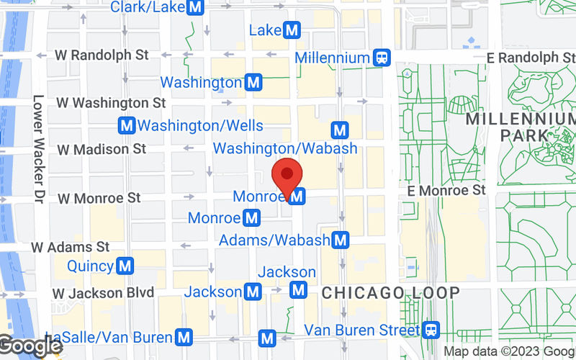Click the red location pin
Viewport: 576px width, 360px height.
[x=287, y=175]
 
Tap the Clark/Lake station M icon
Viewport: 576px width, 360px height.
[x=194, y=8]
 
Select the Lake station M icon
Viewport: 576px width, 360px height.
[x=292, y=30]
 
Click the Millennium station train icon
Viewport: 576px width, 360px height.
[x=382, y=56]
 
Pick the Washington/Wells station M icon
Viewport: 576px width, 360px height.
[x=127, y=125]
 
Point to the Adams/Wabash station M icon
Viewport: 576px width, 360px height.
[x=341, y=240]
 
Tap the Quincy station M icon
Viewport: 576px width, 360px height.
[x=125, y=266]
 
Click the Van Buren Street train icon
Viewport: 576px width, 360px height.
[x=431, y=330]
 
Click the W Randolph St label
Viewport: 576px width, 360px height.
[x=102, y=55]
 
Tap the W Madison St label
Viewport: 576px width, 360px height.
[x=102, y=149]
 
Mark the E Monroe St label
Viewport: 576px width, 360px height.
[x=446, y=190]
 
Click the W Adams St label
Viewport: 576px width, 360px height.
[x=70, y=247]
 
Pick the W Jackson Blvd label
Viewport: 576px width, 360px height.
[x=104, y=293]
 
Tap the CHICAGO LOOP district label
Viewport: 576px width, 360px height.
[x=390, y=293]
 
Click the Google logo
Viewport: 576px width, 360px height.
[x=30, y=346]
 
